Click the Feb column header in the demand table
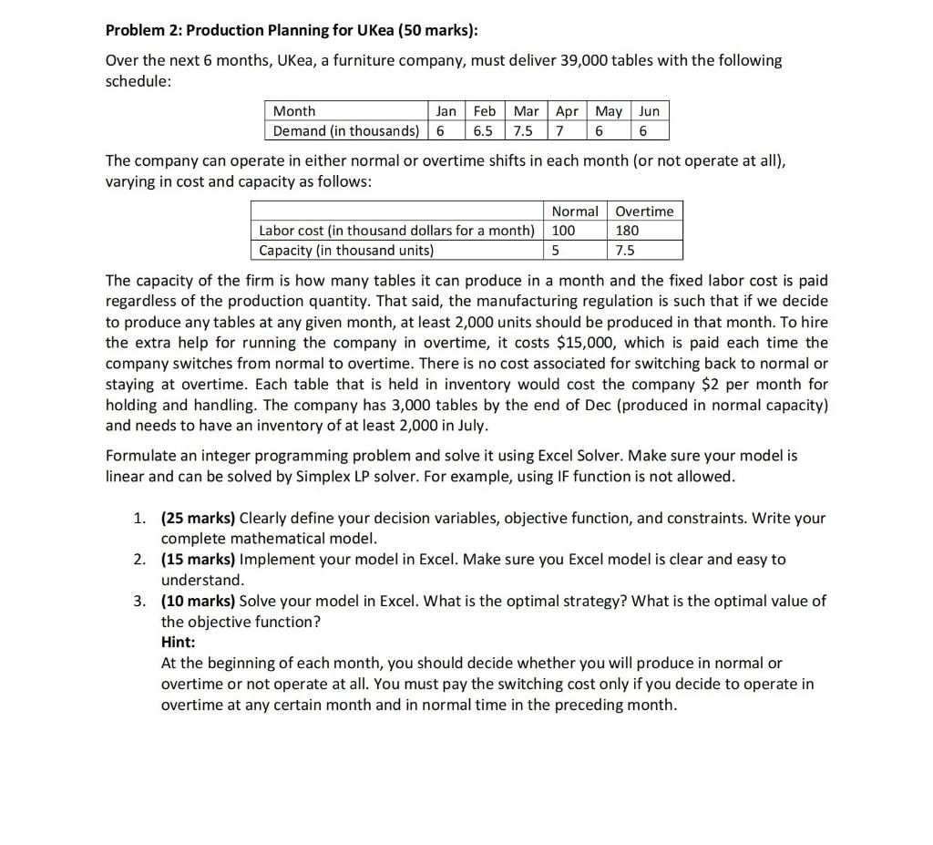pos(484,111)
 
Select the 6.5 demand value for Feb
pos(484,130)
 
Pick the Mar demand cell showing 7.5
pos(525,130)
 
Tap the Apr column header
pos(567,111)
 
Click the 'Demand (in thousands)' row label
pos(346,130)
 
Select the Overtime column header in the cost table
pos(644,211)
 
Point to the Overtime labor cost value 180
pos(628,231)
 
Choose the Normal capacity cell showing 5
pos(556,250)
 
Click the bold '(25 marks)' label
pos(198,519)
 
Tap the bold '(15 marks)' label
pos(198,560)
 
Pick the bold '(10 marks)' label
pos(198,601)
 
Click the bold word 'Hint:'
pos(179,642)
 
